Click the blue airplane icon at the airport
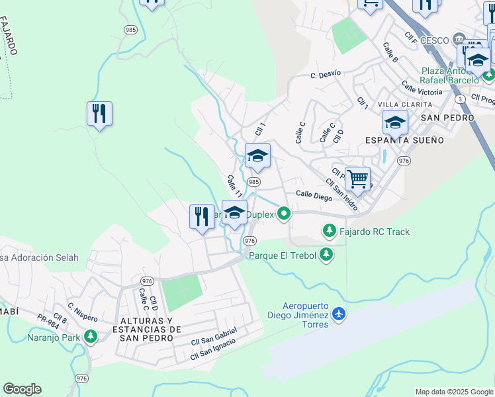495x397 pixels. (339, 313)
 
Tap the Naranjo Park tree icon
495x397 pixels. (90, 337)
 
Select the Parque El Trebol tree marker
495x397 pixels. (325, 255)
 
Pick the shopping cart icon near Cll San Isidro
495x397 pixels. (357, 178)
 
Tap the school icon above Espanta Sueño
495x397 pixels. (394, 122)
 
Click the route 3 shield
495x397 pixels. (459, 99)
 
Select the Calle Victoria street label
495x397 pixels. (422, 89)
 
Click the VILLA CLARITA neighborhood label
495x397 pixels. (404, 105)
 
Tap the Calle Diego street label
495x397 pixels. (314, 195)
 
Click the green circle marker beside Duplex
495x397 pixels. (284, 213)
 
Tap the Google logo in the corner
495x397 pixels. (22, 389)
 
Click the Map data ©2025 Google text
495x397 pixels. (453, 392)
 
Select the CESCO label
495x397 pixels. (434, 40)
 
